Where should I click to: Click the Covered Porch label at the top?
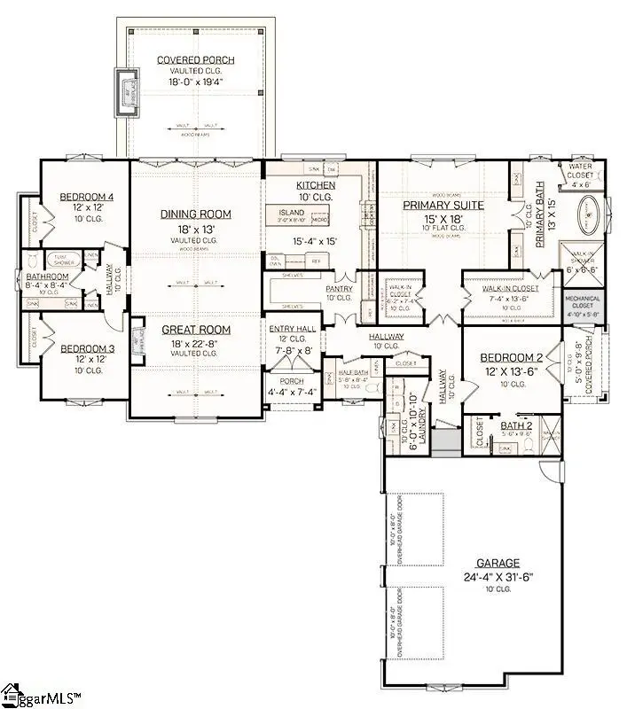(196, 60)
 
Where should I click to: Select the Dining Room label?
(196, 214)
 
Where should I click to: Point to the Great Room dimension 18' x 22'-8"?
(196, 342)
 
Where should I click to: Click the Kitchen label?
(315, 185)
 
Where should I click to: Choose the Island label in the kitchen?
(291, 213)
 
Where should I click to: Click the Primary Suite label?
(443, 206)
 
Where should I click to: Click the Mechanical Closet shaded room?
(583, 306)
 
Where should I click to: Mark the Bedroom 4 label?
(87, 197)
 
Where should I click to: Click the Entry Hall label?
(292, 329)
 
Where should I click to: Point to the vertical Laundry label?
(423, 425)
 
